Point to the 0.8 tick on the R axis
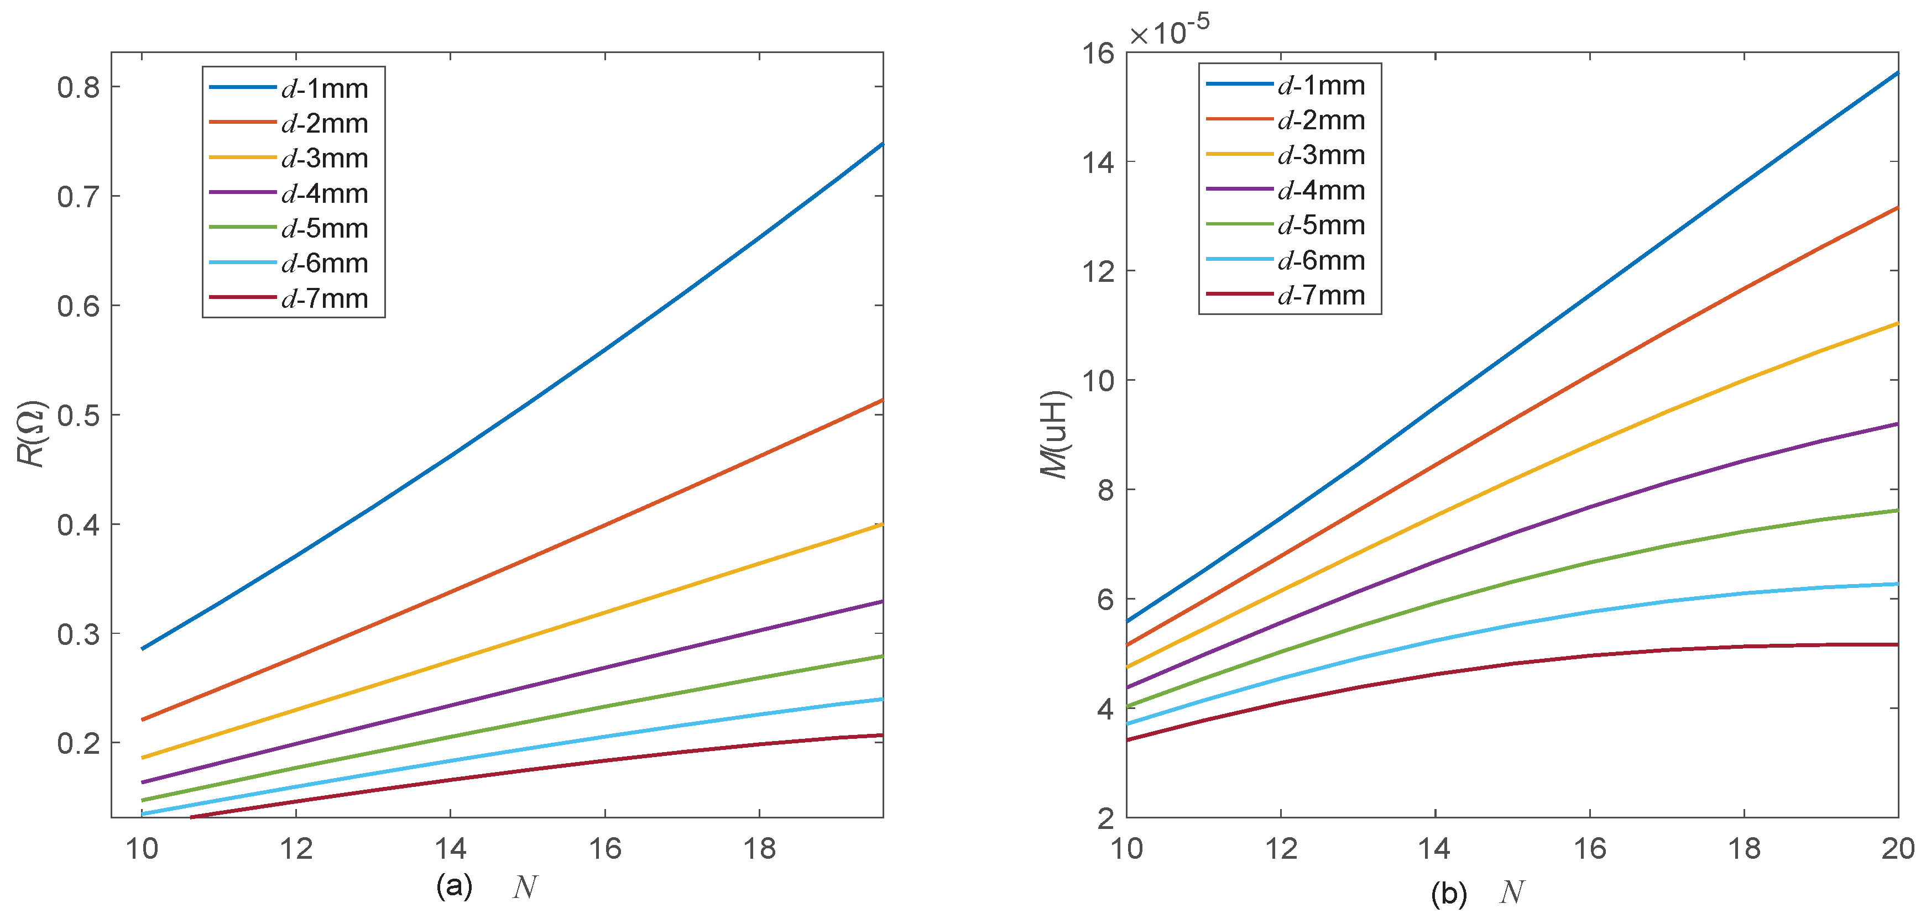(79, 87)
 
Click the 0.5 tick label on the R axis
(79, 416)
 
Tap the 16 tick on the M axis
(1098, 54)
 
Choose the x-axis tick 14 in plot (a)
(450, 849)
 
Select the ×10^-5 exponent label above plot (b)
(1168, 31)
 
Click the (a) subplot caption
(454, 886)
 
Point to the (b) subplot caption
(1448, 893)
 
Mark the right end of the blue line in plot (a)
(881, 144)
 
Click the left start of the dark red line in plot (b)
(1128, 740)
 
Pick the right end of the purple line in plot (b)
(1896, 424)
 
